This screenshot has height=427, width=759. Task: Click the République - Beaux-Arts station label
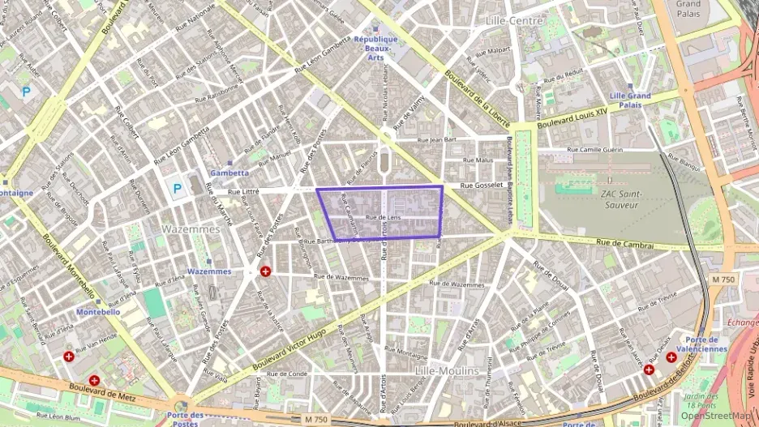tap(375, 48)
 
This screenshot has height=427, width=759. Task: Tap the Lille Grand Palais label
tap(630, 100)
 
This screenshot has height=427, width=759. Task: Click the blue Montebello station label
tap(98, 311)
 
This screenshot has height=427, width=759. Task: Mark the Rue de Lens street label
tap(384, 218)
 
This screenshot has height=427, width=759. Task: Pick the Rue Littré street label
tap(243, 192)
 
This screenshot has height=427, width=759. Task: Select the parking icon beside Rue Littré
tap(176, 190)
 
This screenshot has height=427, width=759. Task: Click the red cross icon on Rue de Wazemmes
tap(264, 271)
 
